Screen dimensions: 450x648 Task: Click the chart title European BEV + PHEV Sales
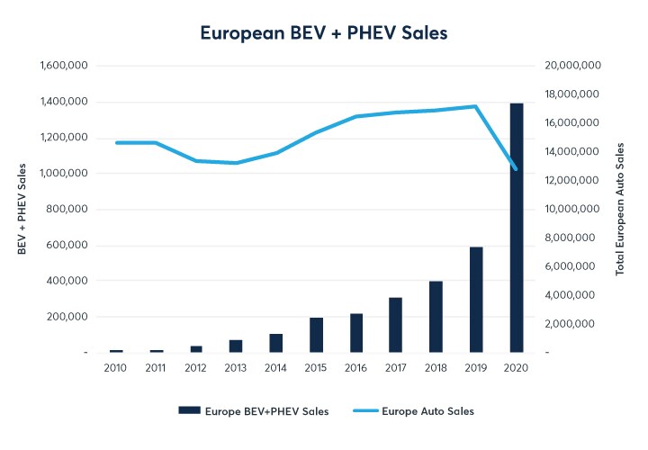tap(323, 31)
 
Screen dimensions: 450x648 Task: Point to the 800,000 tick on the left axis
tap(67, 209)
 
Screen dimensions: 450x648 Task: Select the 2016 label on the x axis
tap(356, 368)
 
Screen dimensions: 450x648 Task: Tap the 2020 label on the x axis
tap(517, 368)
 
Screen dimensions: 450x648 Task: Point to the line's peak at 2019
tap(476, 106)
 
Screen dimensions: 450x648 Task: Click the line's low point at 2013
tap(236, 163)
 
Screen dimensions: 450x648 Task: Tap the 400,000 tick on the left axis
tap(67, 281)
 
